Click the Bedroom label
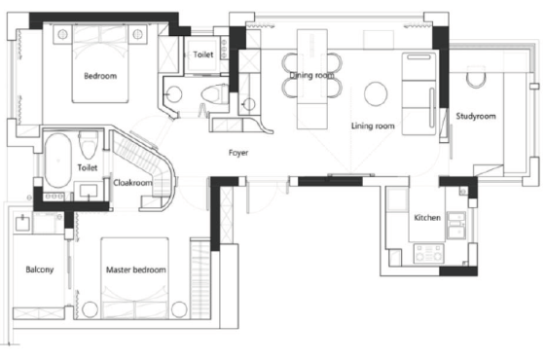[x=100, y=76]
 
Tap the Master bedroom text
[x=136, y=270]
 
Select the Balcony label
[x=40, y=270]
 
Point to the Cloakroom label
[x=132, y=183]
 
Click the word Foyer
[x=238, y=153]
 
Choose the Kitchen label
[x=427, y=218]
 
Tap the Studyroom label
[x=476, y=116]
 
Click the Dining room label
[x=311, y=75]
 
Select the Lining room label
[x=373, y=126]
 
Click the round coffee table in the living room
[x=376, y=93]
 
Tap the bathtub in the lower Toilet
[x=58, y=161]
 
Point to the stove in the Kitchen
[x=428, y=253]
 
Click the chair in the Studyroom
[x=475, y=77]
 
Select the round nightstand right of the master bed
[x=179, y=309]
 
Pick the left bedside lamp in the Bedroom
[x=62, y=34]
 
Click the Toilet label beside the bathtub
[x=88, y=167]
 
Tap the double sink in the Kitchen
[x=456, y=225]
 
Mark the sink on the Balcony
[x=23, y=223]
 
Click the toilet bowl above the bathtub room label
[x=88, y=145]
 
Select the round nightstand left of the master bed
[x=90, y=309]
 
